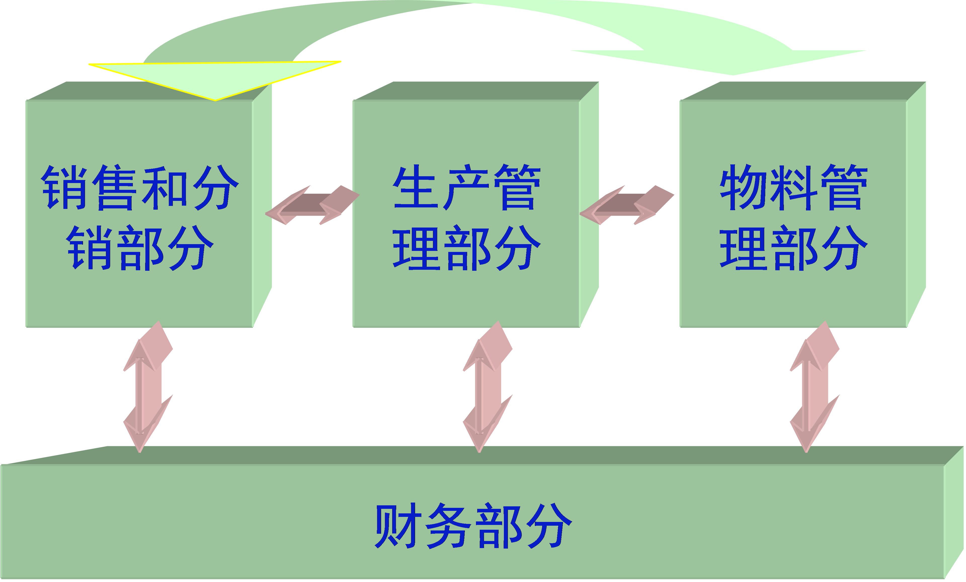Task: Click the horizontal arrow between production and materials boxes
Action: pos(626,205)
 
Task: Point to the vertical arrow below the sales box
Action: pos(148,387)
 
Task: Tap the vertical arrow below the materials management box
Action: pos(815,387)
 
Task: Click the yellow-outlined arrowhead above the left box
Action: pos(215,78)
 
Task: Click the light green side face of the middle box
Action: pos(589,204)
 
